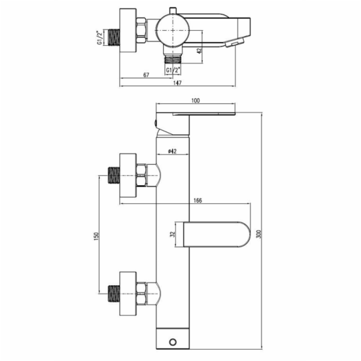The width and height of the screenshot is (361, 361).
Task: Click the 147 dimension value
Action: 177,82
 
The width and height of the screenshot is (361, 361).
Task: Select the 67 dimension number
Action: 146,75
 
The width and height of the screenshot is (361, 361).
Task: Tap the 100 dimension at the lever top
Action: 196,100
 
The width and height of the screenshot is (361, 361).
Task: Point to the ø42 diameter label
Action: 172,151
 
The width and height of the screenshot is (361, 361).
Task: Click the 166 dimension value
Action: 197,200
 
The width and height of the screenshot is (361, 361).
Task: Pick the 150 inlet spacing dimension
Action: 96,236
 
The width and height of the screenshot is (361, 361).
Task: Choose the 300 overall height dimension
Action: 259,234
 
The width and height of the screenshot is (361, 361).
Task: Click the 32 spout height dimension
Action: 173,235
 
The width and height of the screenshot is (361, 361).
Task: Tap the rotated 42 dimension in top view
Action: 199,50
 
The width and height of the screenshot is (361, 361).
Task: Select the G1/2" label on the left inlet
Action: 100,37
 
